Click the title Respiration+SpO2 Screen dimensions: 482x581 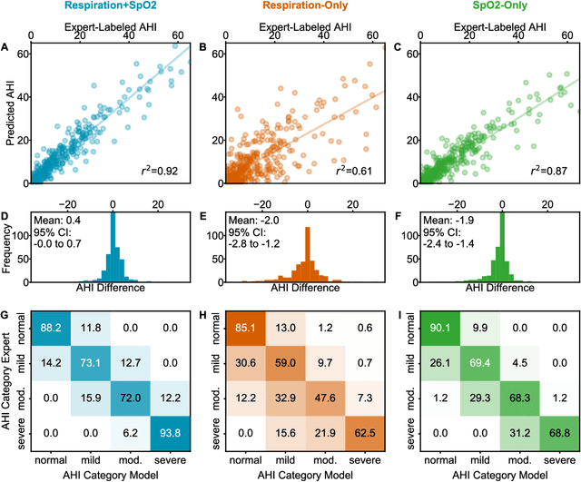point(112,6)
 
